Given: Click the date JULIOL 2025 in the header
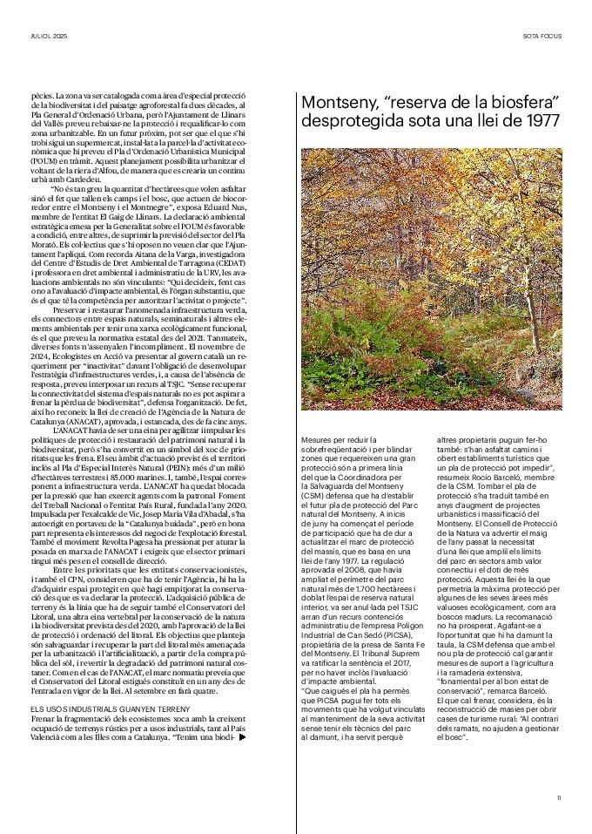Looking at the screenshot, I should [49, 37].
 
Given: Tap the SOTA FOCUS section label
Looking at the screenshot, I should [542, 37].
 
